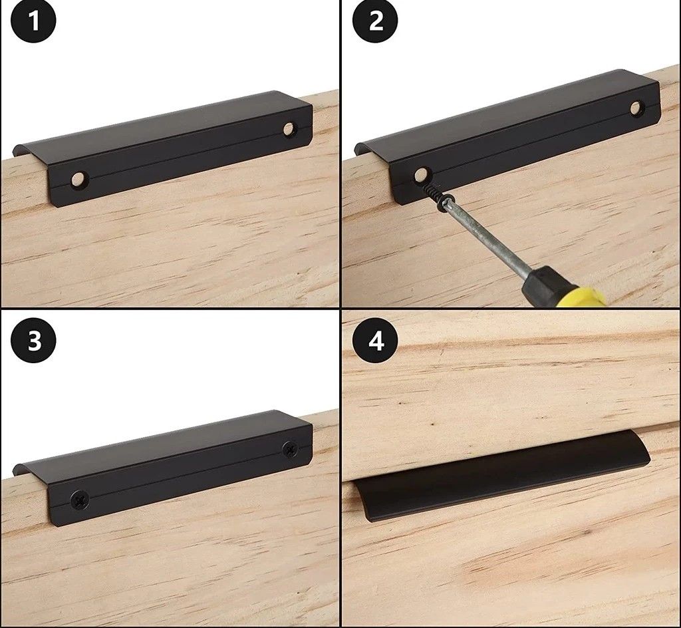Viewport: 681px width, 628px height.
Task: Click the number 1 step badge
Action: [33, 21]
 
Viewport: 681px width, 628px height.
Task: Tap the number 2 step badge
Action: [375, 21]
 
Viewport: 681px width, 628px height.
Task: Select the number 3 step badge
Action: [33, 340]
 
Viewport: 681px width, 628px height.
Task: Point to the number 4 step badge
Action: [375, 340]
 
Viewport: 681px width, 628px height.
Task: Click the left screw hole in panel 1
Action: [79, 178]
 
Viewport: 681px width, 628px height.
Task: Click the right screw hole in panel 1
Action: [288, 128]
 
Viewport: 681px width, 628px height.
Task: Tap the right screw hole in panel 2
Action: [636, 107]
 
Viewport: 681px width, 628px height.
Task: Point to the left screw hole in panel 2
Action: [420, 174]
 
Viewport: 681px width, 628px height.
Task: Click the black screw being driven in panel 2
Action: [439, 196]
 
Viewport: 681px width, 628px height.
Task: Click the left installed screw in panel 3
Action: [79, 499]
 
